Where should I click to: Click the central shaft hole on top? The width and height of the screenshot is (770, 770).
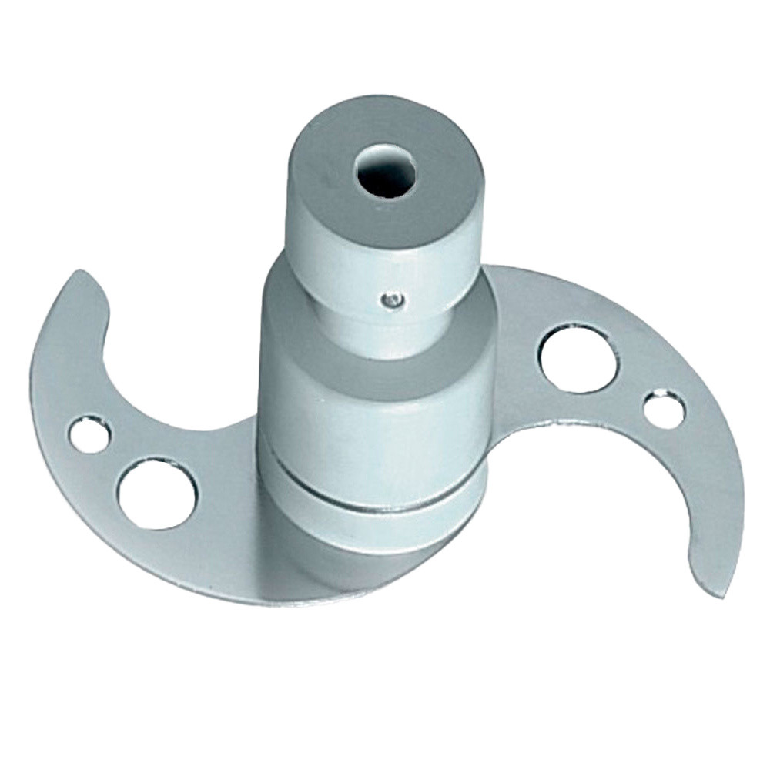click(385, 167)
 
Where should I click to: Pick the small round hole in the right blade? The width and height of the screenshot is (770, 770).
click(663, 410)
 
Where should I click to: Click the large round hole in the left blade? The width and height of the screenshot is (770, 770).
click(157, 494)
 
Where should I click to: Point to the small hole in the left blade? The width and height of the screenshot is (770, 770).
click(89, 434)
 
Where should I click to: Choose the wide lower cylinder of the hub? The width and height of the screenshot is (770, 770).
click(370, 431)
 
